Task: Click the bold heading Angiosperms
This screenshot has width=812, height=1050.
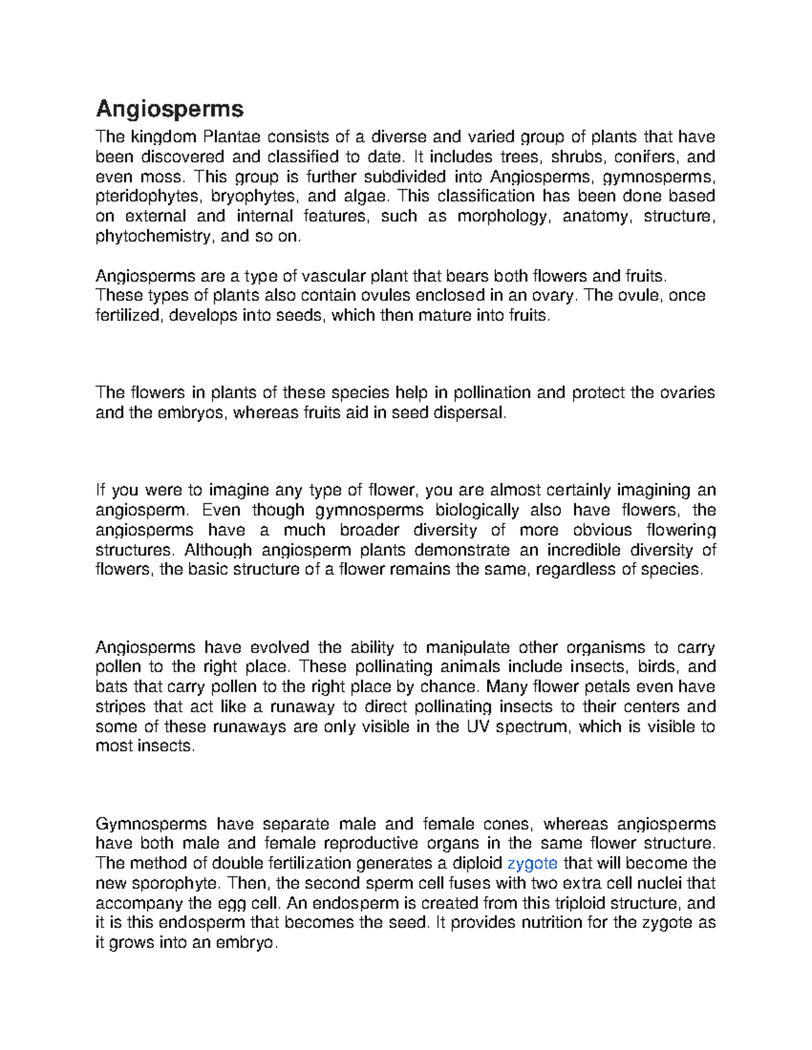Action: (170, 109)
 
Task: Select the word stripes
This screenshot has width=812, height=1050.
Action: (120, 707)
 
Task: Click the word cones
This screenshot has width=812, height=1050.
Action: (507, 824)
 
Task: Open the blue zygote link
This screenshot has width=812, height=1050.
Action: (532, 863)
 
